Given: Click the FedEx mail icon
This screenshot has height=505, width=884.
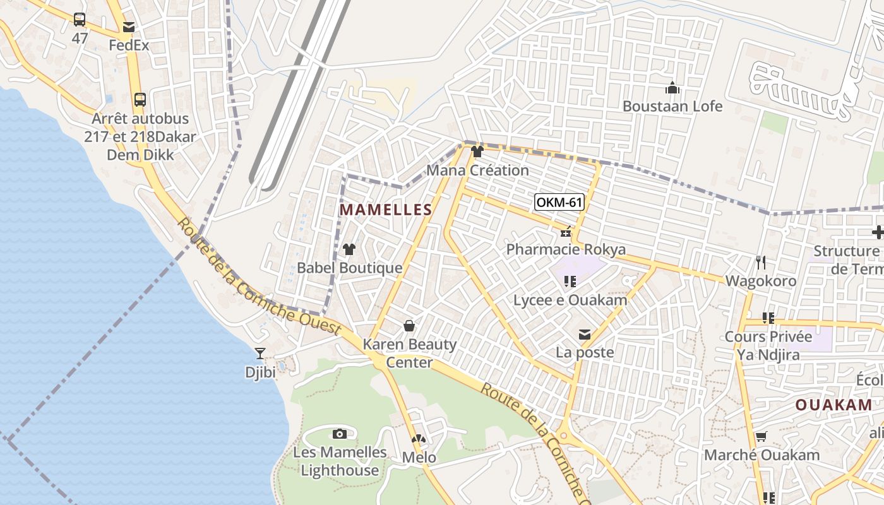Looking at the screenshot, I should [129, 27].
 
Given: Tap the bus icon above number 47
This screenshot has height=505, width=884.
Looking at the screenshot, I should [80, 20].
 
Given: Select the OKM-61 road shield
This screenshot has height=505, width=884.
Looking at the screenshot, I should [559, 203].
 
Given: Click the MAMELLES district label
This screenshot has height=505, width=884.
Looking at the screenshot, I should [386, 210].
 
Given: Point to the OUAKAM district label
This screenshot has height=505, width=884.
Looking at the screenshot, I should [833, 405].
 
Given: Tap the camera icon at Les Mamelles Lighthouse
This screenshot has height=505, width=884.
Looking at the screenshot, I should [340, 434].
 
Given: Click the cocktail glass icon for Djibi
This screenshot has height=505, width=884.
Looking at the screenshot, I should [260, 353].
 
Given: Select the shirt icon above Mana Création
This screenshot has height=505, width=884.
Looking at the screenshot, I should [477, 151].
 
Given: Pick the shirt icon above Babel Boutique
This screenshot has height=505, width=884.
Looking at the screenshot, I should [349, 249].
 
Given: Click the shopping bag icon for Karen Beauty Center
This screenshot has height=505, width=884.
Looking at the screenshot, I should [409, 326].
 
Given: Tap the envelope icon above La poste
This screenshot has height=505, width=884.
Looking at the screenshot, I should [585, 334].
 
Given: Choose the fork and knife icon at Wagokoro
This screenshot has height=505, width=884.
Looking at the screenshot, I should [761, 262].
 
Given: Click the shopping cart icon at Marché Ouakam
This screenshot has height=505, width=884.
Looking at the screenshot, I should [762, 436].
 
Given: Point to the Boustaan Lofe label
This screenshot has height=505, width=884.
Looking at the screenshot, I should [672, 106].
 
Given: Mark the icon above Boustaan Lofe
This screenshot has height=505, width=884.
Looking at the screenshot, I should [672, 88].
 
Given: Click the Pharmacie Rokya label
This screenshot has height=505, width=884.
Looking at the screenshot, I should [566, 249].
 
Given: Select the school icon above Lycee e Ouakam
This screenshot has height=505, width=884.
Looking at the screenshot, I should [570, 282].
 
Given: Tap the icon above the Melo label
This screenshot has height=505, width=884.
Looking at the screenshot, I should [419, 439].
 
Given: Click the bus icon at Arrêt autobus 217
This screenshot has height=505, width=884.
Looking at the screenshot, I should [140, 100].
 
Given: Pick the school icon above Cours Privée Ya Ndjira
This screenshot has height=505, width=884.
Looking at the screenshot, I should [768, 318].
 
